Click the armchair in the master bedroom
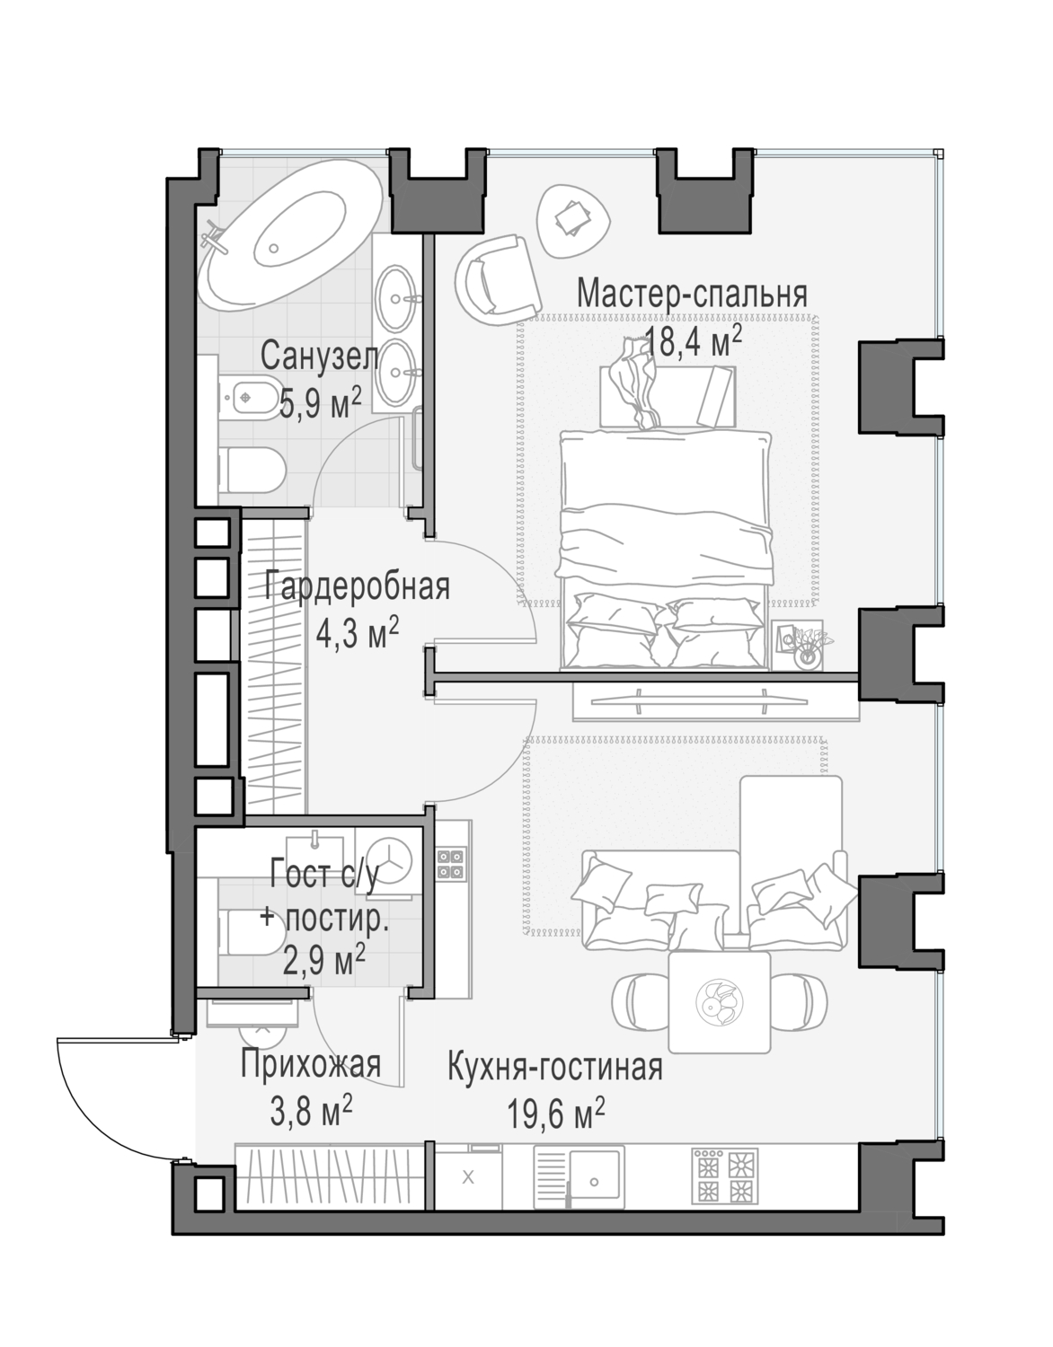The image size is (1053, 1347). click(493, 278)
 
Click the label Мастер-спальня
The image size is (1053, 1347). click(691, 294)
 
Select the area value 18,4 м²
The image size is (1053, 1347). click(693, 341)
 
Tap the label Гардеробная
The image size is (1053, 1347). click(357, 587)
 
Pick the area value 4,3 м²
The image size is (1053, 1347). click(357, 634)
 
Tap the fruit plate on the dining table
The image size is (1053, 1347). click(720, 1001)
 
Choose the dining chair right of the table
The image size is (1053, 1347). click(800, 1000)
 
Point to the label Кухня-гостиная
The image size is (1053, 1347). click(554, 1068)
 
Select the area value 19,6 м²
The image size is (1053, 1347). click(554, 1115)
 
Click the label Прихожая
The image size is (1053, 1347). click(310, 1064)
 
